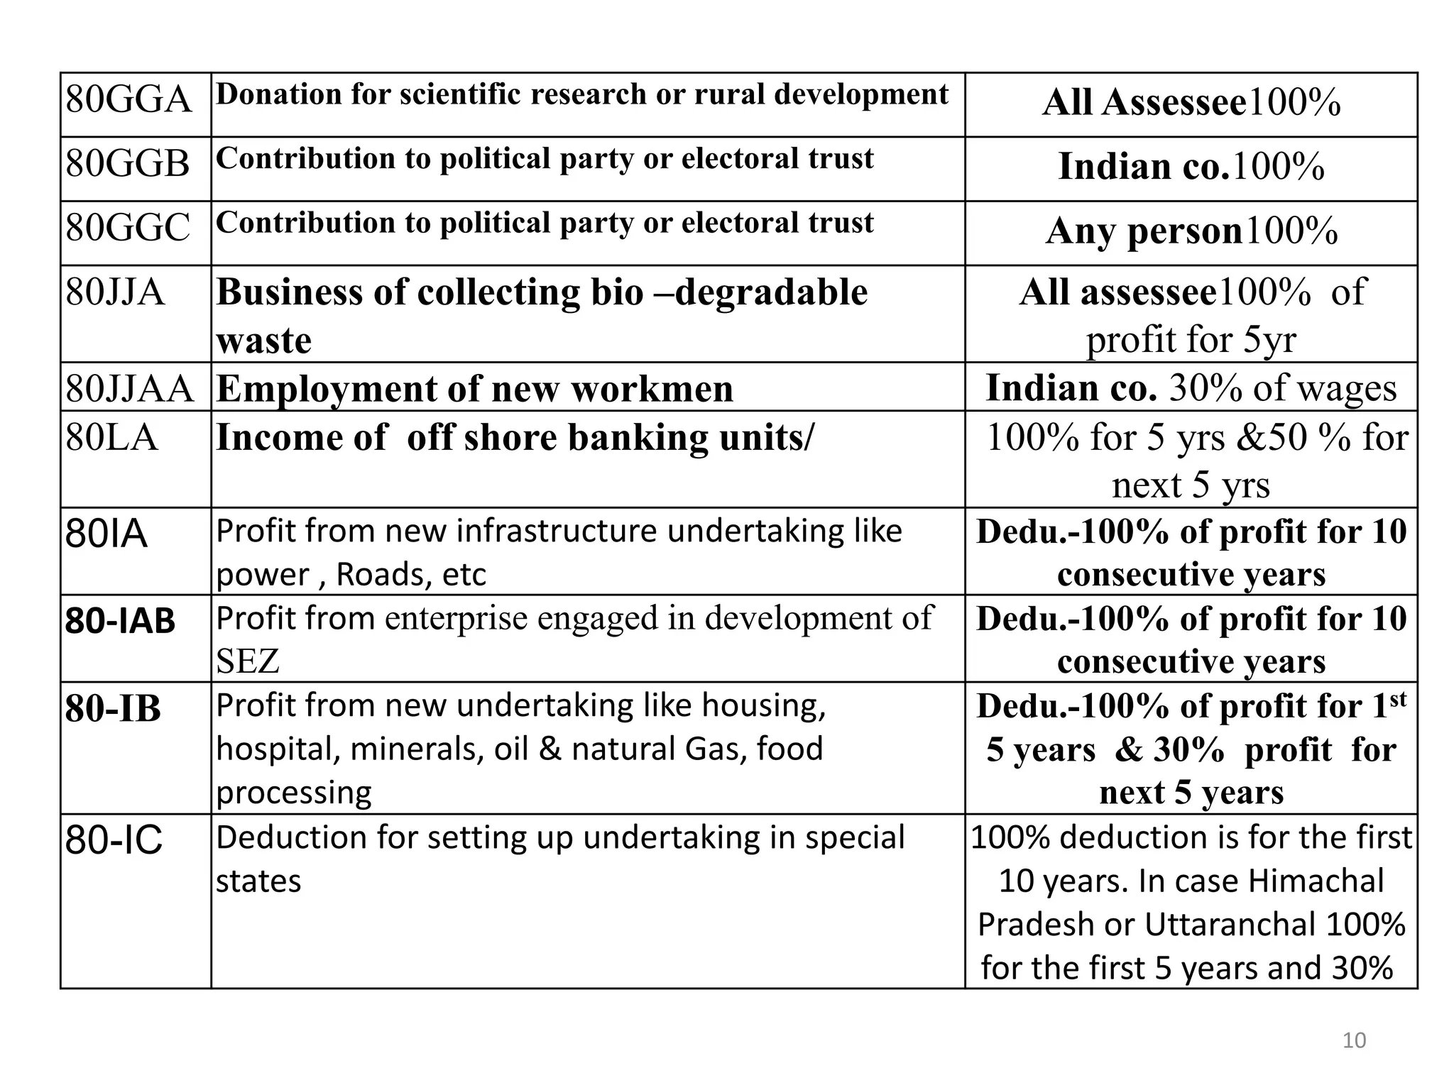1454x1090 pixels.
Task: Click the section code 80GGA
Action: tap(129, 99)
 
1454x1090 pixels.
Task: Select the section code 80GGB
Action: tap(128, 163)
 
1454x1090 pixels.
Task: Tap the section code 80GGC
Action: tap(128, 228)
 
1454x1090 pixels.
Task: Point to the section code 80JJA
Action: tap(116, 292)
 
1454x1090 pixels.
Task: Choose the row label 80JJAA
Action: tap(130, 388)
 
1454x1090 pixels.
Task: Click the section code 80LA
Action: tap(112, 436)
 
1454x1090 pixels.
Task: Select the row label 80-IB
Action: tap(114, 708)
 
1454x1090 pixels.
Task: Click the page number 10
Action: tap(1354, 1040)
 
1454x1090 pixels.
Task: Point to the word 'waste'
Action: tap(264, 341)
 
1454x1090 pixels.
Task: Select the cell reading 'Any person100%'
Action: tap(1191, 231)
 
